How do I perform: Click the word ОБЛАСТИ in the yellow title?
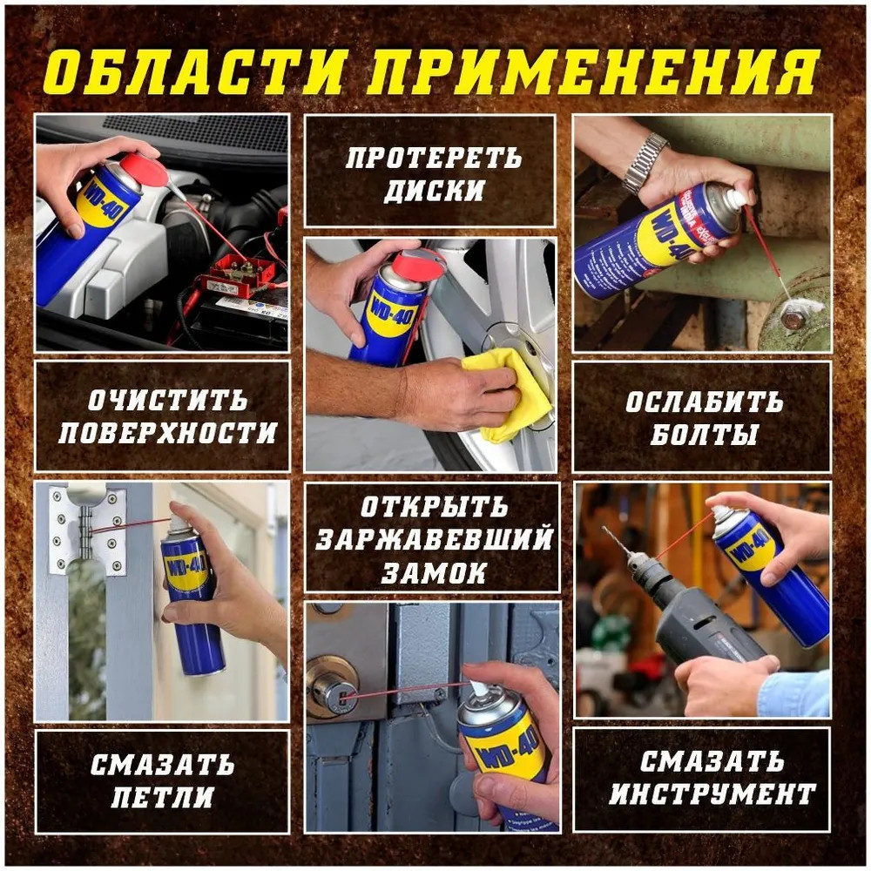click(195, 72)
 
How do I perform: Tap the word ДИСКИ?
click(435, 191)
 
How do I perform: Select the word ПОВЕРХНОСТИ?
click(167, 433)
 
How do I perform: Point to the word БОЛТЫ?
click(704, 435)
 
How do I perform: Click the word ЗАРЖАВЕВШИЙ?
click(435, 539)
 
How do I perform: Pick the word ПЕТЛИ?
click(162, 798)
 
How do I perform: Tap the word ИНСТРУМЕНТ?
click(712, 794)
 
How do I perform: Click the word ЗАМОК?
click(434, 573)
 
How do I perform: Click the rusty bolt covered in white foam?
click(792, 318)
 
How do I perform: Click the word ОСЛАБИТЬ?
click(705, 402)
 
